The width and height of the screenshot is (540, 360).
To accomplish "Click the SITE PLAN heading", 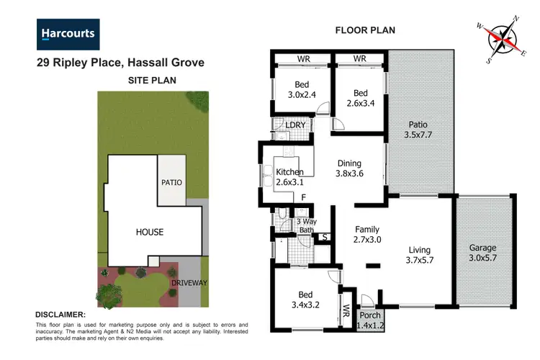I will click(152, 80).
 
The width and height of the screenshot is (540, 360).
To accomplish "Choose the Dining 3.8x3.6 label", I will click(350, 168).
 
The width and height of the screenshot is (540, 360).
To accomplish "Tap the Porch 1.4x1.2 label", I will click(371, 320).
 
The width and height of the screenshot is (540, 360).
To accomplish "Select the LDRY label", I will click(295, 125).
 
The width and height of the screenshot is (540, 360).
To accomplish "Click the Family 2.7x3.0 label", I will click(366, 234).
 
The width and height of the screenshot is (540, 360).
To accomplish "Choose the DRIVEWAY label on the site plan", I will click(189, 283).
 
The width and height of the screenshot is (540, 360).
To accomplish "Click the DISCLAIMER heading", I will click(61, 315).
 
